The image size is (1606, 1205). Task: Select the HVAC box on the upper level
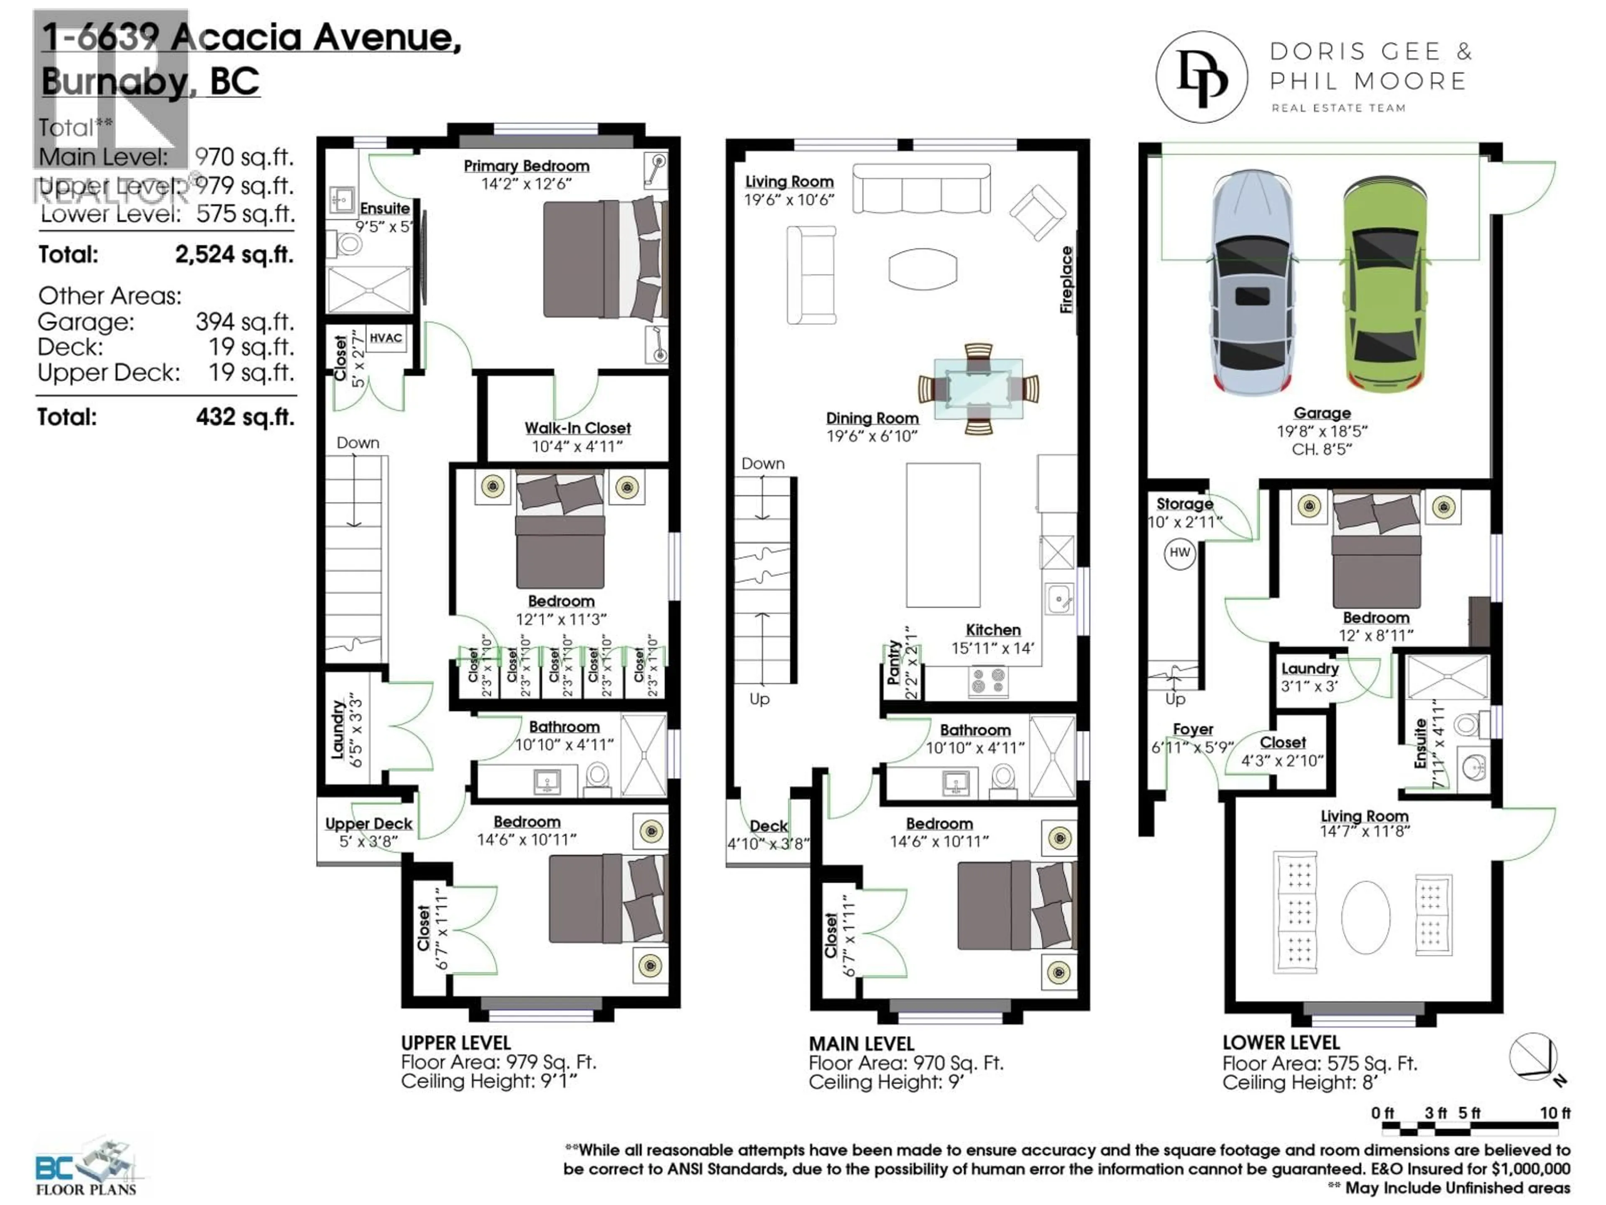click(x=386, y=338)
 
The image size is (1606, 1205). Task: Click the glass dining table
click(x=978, y=389)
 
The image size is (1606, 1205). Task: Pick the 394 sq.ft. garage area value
click(x=244, y=322)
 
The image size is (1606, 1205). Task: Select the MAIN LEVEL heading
click(x=861, y=1044)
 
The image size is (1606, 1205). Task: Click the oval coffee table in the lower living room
click(x=1365, y=918)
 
